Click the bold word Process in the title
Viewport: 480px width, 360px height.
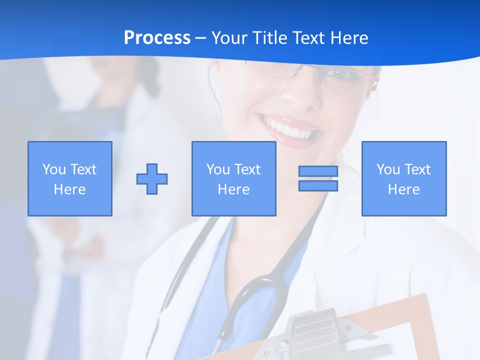[157, 38]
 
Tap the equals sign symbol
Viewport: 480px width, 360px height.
[318, 178]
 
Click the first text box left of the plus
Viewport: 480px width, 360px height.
[70, 178]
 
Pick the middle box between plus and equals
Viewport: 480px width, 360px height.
[233, 178]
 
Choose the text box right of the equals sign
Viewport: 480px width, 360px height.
[403, 178]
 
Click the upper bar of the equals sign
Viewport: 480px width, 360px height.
[318, 171]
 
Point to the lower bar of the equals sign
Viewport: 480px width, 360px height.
[318, 185]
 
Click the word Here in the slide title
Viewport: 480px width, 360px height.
[349, 38]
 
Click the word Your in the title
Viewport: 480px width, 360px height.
[227, 38]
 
